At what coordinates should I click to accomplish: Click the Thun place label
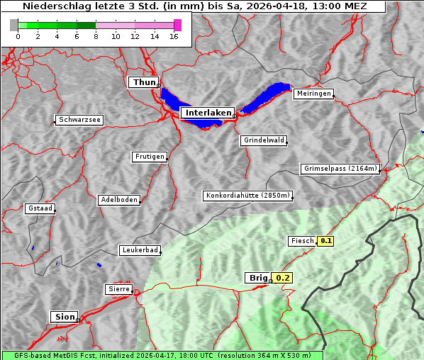pos(144,83)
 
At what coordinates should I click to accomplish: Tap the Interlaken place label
pos(208,113)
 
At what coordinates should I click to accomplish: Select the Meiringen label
pos(313,94)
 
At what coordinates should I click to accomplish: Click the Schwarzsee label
pos(79,120)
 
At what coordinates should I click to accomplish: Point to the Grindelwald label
pos(264,140)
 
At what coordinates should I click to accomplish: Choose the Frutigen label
pos(149,157)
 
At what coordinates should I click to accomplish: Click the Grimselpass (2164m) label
pos(340,169)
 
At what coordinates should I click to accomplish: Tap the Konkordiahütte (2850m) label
pos(247,196)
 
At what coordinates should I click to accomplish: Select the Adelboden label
pos(118,200)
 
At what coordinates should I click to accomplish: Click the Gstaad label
pos(40,208)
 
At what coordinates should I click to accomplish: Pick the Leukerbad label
pos(140,250)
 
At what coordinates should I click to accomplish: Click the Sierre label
pos(118,289)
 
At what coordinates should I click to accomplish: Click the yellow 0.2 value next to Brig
pos(283,278)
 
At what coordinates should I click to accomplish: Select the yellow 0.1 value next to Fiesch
pos(325,241)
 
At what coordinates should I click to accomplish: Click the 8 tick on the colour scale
pos(96,37)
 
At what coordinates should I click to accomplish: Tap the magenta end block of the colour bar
pos(177,25)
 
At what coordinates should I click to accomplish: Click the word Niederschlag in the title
pos(55,6)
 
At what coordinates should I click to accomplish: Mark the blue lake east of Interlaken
pos(266,98)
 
